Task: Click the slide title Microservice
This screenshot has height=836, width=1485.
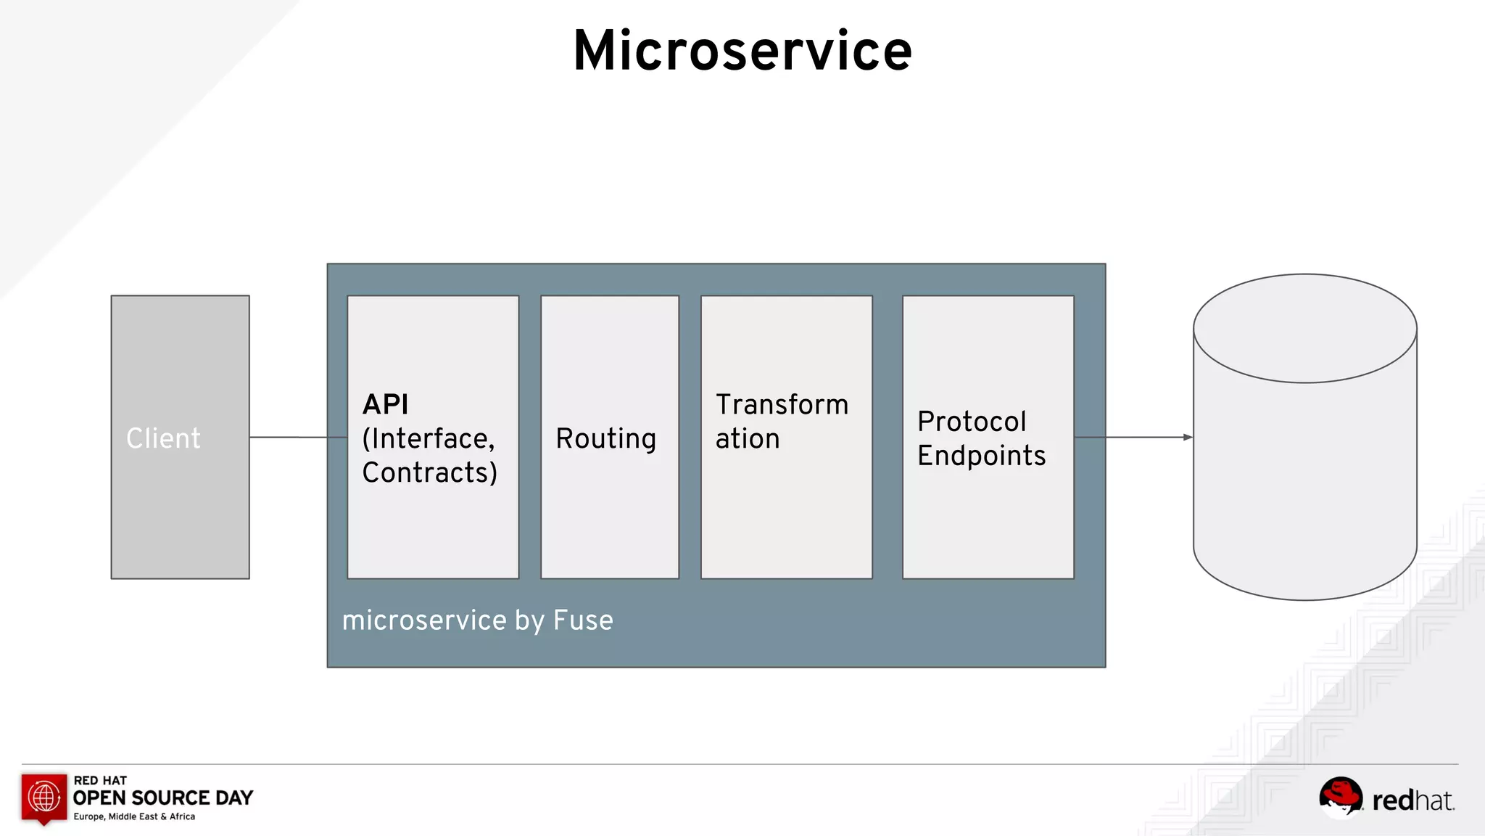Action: click(742, 51)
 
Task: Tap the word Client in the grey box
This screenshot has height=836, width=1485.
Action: click(163, 438)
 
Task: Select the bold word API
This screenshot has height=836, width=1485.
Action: click(385, 404)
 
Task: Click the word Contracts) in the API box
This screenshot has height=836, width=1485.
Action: click(429, 472)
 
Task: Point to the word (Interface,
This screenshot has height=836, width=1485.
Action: click(428, 438)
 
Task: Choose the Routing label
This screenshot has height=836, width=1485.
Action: click(605, 438)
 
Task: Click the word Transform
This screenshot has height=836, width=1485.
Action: click(782, 404)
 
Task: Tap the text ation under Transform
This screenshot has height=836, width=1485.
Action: click(747, 438)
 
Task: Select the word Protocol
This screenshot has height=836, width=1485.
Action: click(972, 421)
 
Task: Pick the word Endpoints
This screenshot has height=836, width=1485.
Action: click(981, 456)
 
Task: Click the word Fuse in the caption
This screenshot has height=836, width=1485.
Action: click(583, 620)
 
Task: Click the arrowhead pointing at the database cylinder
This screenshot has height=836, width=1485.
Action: click(1187, 437)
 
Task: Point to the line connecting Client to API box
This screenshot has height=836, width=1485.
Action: click(297, 437)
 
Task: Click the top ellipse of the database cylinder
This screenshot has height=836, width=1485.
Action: click(1304, 328)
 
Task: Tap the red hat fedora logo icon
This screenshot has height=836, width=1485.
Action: click(1340, 796)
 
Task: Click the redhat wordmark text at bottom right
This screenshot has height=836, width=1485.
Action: click(1412, 800)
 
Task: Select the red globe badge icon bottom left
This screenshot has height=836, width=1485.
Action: click(44, 798)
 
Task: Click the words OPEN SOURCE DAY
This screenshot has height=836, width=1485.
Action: click(163, 798)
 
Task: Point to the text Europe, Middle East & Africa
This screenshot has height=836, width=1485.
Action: click(134, 816)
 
